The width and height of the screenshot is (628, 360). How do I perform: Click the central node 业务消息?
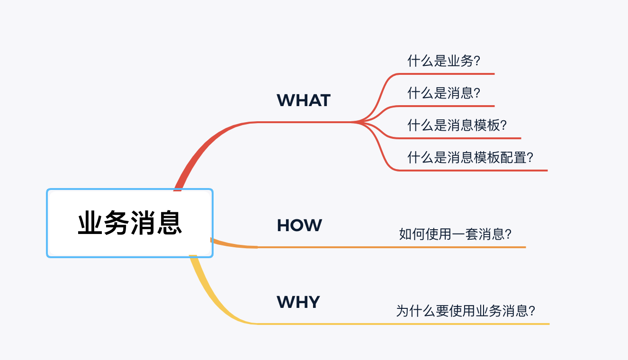click(130, 223)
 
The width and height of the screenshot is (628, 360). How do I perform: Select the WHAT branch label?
click(303, 100)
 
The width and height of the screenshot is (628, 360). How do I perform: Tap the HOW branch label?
click(299, 225)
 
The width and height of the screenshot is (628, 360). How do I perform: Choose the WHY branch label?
click(298, 302)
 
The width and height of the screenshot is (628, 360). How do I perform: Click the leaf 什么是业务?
click(444, 61)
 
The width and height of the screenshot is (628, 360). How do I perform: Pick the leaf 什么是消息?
click(444, 93)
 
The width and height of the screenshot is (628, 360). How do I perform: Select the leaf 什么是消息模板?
click(457, 126)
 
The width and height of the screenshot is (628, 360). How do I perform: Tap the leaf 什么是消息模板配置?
click(470, 157)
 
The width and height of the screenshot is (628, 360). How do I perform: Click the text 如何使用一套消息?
click(455, 234)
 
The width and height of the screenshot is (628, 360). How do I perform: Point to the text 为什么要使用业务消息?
click(466, 311)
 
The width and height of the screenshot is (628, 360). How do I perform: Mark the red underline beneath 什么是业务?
click(450, 74)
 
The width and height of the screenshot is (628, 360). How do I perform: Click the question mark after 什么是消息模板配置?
click(530, 157)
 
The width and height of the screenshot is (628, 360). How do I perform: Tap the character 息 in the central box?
click(170, 223)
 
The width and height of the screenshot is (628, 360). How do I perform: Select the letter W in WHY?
click(285, 302)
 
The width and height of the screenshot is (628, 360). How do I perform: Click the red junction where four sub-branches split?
click(358, 122)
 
